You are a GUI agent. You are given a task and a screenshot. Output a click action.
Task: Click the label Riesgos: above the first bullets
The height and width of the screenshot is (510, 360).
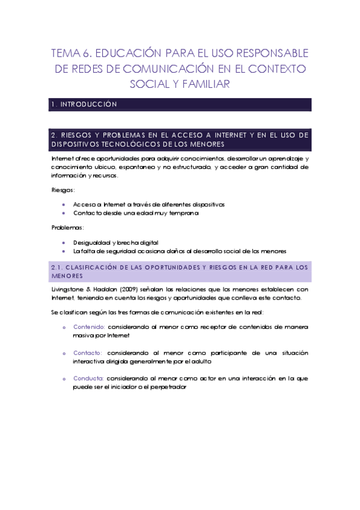(63, 190)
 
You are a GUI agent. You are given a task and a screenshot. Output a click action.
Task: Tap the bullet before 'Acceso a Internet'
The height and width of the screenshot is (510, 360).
(64, 204)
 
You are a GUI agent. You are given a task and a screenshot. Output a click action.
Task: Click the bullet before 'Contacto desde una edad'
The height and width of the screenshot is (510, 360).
(64, 213)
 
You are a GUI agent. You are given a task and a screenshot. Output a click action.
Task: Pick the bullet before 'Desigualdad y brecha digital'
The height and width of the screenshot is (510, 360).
(64, 242)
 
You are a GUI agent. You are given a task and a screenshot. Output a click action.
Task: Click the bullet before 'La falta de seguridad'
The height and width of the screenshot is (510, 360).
(64, 250)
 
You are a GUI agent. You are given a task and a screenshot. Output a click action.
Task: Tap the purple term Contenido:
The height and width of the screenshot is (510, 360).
(88, 327)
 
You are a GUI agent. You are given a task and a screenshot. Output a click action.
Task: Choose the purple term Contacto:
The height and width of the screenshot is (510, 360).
(88, 352)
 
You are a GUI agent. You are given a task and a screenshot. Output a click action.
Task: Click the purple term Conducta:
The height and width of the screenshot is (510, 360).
(88, 378)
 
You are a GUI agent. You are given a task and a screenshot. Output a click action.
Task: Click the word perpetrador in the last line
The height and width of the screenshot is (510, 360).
(169, 387)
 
